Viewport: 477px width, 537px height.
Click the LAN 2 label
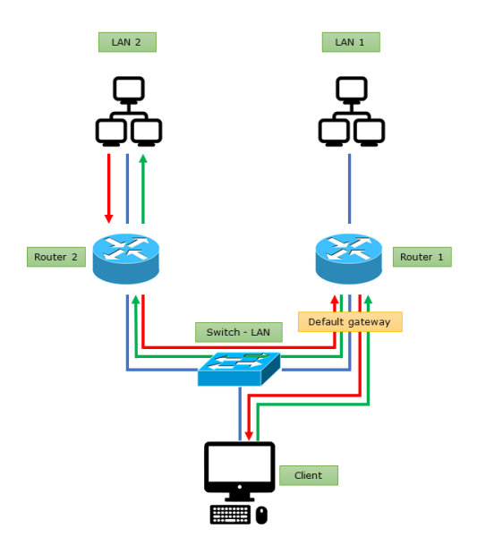coord(126,42)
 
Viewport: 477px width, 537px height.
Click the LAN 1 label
coord(350,42)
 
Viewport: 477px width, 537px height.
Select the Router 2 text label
coord(55,257)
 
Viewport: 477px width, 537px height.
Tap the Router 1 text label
coord(422,257)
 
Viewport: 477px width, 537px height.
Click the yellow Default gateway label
coord(350,321)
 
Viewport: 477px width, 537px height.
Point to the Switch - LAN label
coord(238,332)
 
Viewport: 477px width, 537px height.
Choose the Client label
coord(309,475)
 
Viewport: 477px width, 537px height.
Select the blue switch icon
coord(238,368)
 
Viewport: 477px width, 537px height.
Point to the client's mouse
coord(261,515)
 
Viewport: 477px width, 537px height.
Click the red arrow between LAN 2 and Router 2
coord(109,188)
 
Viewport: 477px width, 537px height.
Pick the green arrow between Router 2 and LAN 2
coord(143,188)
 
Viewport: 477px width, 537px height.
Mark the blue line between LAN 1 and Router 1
coord(350,188)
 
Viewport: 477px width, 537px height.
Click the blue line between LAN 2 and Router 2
coord(127,188)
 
